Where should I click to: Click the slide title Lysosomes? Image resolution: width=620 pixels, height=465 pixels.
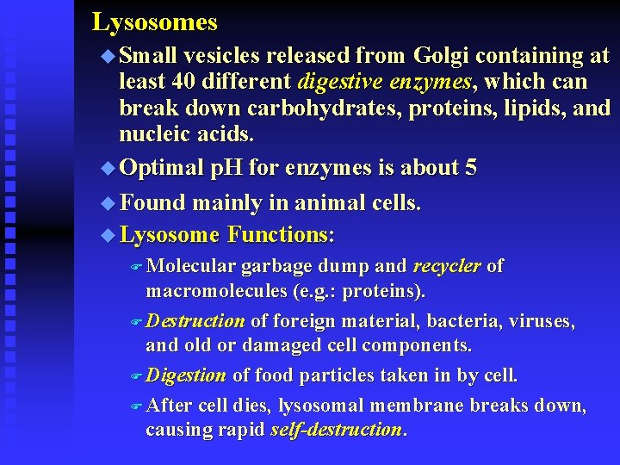click(x=154, y=22)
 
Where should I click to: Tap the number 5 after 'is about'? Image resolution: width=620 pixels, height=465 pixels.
click(x=470, y=168)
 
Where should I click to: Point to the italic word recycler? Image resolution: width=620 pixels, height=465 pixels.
click(x=446, y=267)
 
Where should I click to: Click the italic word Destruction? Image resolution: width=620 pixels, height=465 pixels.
click(x=195, y=321)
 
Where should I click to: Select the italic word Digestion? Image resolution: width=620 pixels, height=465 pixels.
click(x=186, y=375)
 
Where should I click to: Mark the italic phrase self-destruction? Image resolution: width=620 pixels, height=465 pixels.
click(x=336, y=430)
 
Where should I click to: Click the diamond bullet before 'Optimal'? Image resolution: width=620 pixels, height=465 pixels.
click(x=107, y=169)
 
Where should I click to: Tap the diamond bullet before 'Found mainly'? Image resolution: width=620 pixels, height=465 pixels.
click(x=107, y=203)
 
